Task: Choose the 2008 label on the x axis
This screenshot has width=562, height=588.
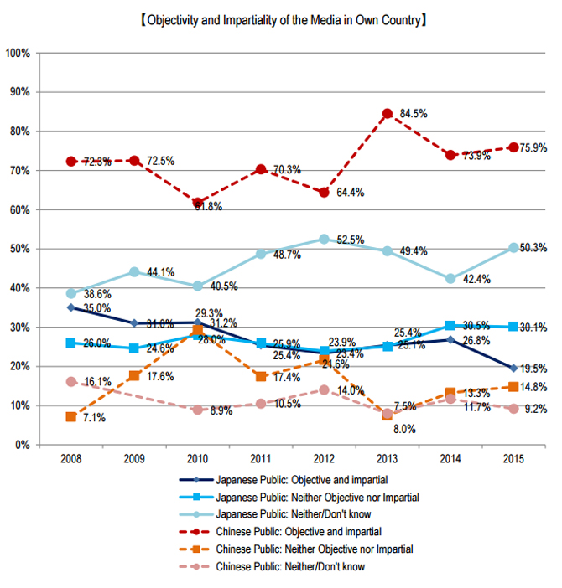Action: pos(71,461)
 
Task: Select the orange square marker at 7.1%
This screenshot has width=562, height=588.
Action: pos(71,416)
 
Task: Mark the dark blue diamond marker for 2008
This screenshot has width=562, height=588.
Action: pos(71,307)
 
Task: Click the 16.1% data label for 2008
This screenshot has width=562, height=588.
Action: pos(96,381)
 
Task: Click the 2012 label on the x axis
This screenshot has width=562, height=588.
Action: pos(325,461)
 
